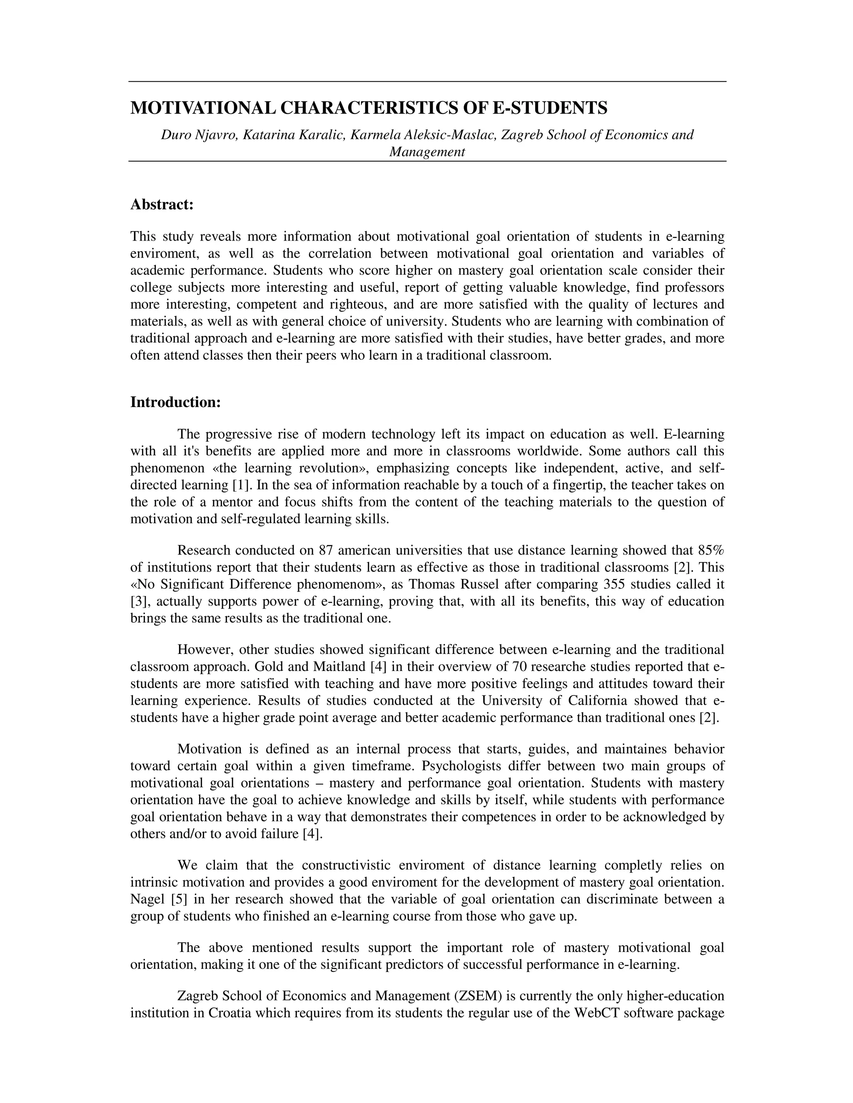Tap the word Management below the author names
pyautogui.click(x=426, y=152)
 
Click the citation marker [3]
pyautogui.click(x=138, y=601)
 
